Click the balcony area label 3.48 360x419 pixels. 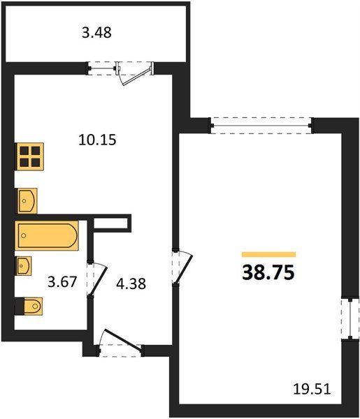[x=96, y=33]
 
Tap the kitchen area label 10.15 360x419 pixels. [x=97, y=140]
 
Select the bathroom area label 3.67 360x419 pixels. [x=62, y=281]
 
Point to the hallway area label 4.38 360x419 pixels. [x=131, y=284]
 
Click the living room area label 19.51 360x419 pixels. [x=312, y=389]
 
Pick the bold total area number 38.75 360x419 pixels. [x=268, y=272]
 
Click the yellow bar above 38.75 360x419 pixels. [x=269, y=254]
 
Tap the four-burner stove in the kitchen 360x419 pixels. [x=30, y=156]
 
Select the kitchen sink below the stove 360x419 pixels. [x=27, y=200]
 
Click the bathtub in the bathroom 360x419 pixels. [x=47, y=235]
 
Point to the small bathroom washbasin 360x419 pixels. [x=24, y=266]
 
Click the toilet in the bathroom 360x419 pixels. [x=29, y=306]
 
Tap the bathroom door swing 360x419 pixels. [x=97, y=279]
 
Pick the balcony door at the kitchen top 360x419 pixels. [x=135, y=73]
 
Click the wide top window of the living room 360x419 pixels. [x=261, y=125]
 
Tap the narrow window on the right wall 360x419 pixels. [x=350, y=319]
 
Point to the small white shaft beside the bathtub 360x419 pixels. [x=110, y=223]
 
